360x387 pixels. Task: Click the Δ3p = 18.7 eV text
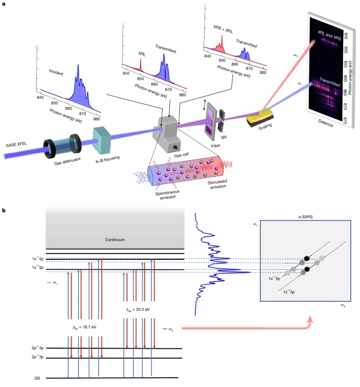pos(85,327)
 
